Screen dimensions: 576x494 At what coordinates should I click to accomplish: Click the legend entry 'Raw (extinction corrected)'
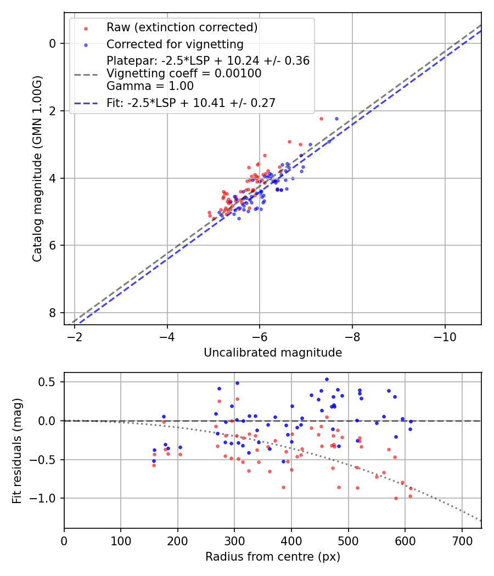[x=182, y=27]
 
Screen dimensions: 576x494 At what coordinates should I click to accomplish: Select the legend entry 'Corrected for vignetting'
[x=175, y=44]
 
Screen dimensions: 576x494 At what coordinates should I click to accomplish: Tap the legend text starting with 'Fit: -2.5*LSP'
[x=191, y=103]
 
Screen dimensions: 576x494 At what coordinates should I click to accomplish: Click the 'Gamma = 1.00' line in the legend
[x=150, y=86]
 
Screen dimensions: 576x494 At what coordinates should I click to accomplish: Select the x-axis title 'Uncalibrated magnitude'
[x=273, y=353]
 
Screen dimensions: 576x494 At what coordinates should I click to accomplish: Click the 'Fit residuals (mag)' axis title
[x=17, y=450]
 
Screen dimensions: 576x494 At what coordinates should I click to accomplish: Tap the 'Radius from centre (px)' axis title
[x=273, y=557]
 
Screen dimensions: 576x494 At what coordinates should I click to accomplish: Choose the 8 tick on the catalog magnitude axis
[x=53, y=313]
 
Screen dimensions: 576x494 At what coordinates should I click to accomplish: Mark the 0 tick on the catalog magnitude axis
[x=53, y=43]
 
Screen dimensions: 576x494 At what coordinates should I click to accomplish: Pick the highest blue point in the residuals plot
[x=327, y=379]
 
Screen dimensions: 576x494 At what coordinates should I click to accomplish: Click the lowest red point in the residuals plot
[x=396, y=498]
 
